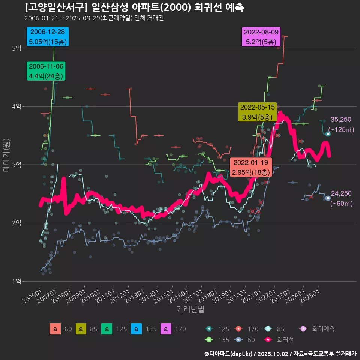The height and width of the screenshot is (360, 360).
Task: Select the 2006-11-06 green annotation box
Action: point(46,71)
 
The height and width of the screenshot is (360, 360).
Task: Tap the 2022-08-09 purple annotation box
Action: point(261,37)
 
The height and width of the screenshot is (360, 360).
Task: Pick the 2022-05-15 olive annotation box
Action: point(258,112)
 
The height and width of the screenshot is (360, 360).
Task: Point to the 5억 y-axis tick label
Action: point(16,48)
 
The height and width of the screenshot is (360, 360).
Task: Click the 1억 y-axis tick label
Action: point(16,281)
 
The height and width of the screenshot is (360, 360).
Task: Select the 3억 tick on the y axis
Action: point(16,165)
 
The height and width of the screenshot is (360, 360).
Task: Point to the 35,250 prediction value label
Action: point(341,120)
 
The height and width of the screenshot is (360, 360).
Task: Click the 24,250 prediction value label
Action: point(341,193)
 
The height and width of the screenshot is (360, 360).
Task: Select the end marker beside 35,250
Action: point(328,134)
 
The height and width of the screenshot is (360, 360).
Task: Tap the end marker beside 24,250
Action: point(328,198)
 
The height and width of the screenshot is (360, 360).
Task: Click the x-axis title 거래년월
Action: point(190,309)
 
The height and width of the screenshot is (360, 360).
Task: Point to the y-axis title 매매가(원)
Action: point(6,155)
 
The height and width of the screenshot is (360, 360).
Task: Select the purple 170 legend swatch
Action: point(166,329)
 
